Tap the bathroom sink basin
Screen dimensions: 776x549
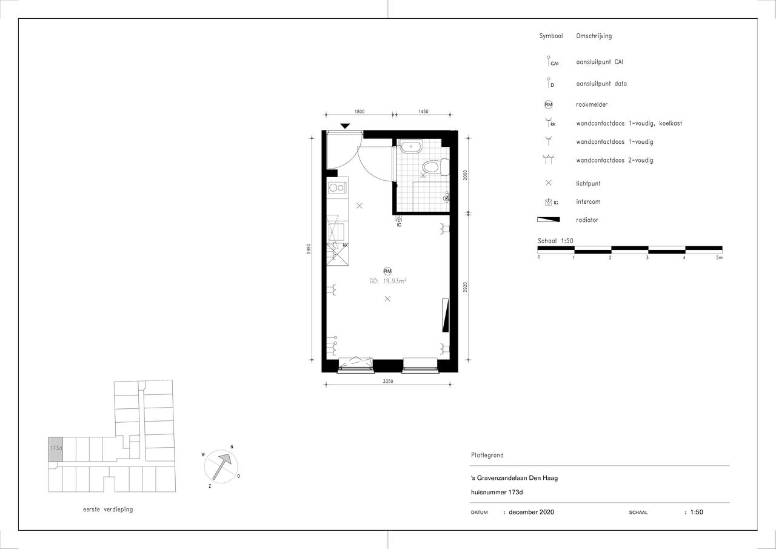click(x=411, y=147)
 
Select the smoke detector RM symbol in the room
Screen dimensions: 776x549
click(x=387, y=271)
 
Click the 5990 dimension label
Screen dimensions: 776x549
click(x=309, y=249)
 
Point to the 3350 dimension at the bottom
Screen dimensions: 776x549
click(x=388, y=381)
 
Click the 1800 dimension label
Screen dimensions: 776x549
click(x=360, y=112)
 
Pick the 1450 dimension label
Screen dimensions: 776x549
click(x=423, y=112)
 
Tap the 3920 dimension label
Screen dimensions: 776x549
click(x=465, y=287)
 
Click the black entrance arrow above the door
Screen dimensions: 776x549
click(x=345, y=126)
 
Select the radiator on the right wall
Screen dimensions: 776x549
click(x=445, y=315)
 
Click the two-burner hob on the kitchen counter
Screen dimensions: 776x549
click(x=337, y=188)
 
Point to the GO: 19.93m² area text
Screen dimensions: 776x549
click(x=387, y=281)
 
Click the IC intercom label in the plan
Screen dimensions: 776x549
click(x=399, y=225)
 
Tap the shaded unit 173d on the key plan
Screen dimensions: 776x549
click(x=55, y=449)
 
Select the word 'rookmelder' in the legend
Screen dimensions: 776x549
click(x=592, y=104)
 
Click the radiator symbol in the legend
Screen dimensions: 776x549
click(x=548, y=220)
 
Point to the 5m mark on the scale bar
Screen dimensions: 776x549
click(x=720, y=258)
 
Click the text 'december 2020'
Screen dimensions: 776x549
click(x=532, y=512)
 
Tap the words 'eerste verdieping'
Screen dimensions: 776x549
click(x=108, y=510)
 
